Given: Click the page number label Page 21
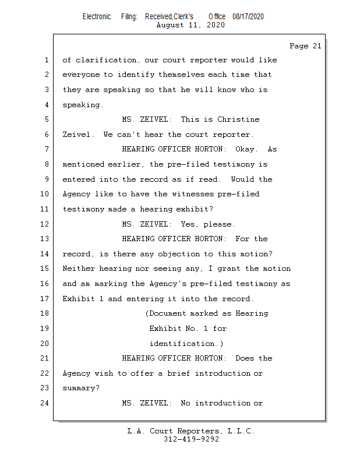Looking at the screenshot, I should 305,46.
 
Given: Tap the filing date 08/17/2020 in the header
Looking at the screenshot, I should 248,17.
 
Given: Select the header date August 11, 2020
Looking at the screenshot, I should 190,25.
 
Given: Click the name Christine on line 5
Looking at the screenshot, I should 238,119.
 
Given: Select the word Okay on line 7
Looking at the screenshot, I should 245,149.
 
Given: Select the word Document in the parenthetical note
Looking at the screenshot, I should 172,313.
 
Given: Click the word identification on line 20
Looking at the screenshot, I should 183,344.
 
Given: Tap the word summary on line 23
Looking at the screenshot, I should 80,388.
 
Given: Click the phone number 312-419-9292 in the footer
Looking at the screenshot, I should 191,439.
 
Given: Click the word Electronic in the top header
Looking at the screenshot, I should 97,17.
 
